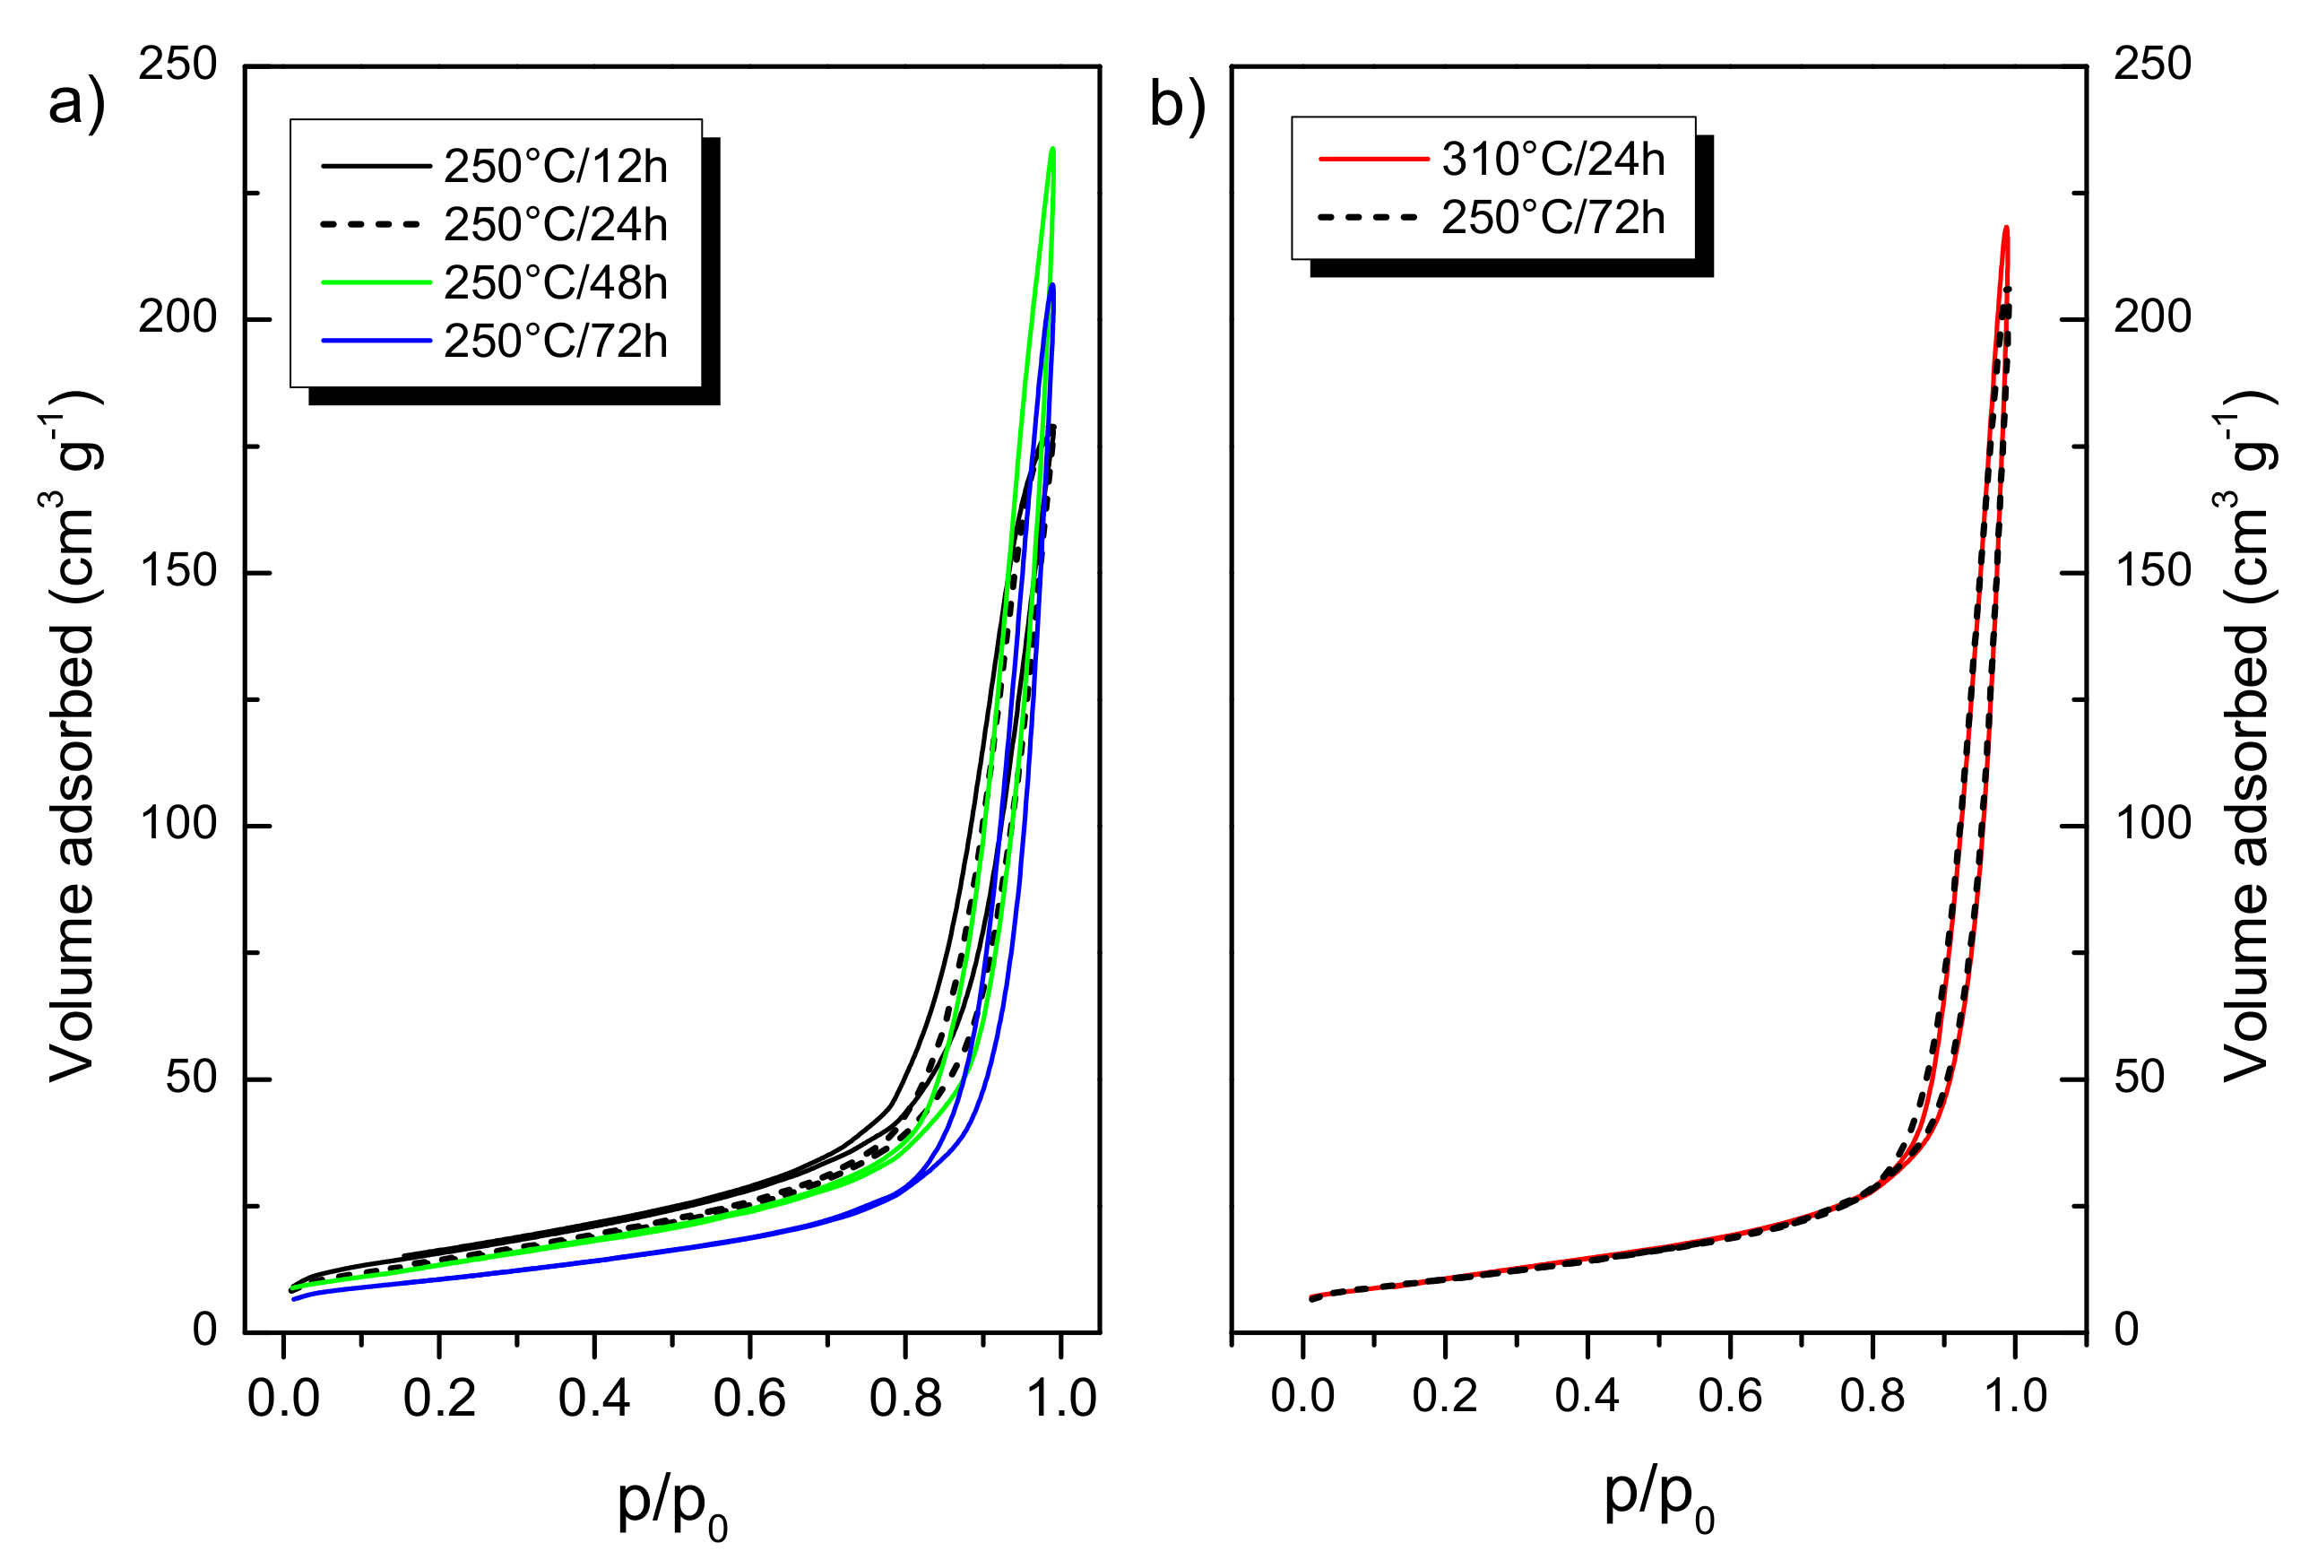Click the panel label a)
point(75,102)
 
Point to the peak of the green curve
point(1052,150)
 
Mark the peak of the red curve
point(2006,229)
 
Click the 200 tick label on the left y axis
point(177,318)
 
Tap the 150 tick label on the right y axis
point(2152,571)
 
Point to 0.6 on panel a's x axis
point(749,1399)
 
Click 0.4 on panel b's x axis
point(1587,1396)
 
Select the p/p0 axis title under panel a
point(671,1504)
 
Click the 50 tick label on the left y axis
point(191,1077)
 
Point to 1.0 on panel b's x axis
point(2015,1396)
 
